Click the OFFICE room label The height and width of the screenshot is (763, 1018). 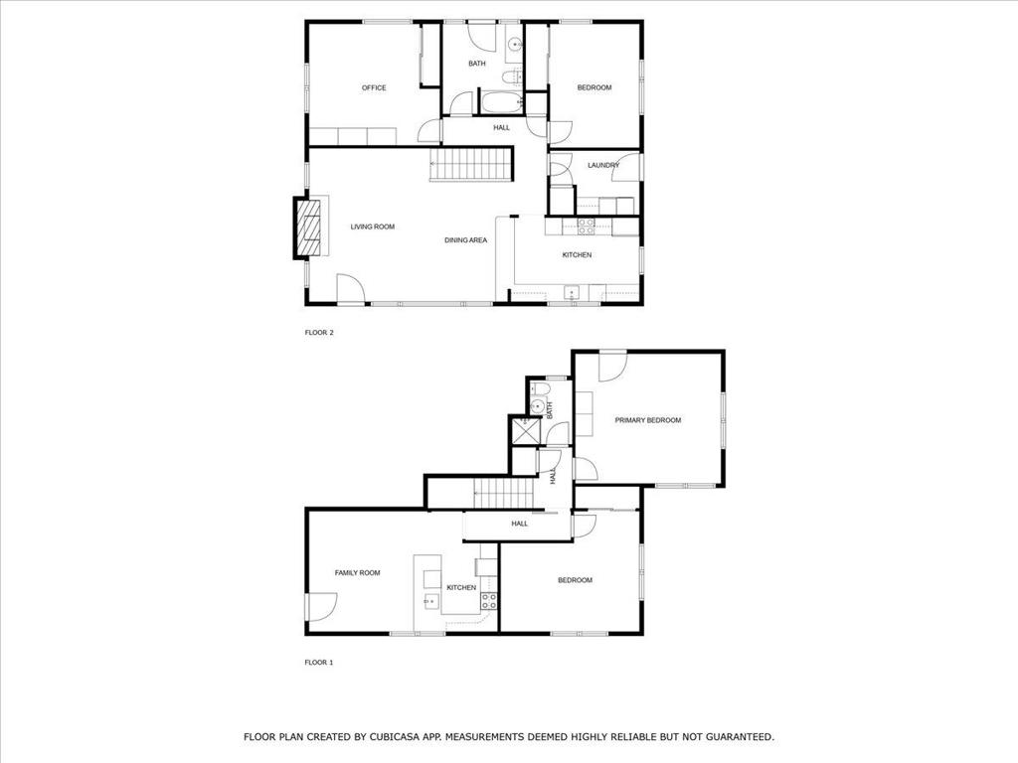pyautogui.click(x=374, y=88)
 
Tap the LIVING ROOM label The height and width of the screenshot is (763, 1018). pyautogui.click(x=373, y=228)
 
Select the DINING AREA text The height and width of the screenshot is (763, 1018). pyautogui.click(x=465, y=240)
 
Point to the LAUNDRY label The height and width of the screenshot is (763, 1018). pyautogui.click(x=603, y=165)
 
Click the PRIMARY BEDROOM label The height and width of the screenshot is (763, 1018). pyautogui.click(x=647, y=420)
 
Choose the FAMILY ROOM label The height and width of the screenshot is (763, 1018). pyautogui.click(x=357, y=573)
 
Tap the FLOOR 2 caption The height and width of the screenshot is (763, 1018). pyautogui.click(x=318, y=333)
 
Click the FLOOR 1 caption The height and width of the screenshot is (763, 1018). pyautogui.click(x=318, y=662)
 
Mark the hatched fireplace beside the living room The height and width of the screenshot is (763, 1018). pyautogui.click(x=308, y=228)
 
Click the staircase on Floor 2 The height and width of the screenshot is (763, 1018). pyautogui.click(x=469, y=164)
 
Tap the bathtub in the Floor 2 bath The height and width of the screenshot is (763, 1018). pyautogui.click(x=499, y=102)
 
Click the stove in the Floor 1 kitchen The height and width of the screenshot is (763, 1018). pyautogui.click(x=489, y=601)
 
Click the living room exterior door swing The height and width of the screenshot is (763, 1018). pyautogui.click(x=350, y=288)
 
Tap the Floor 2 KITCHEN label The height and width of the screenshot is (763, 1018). pyautogui.click(x=577, y=255)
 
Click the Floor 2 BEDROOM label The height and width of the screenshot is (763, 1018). pyautogui.click(x=594, y=88)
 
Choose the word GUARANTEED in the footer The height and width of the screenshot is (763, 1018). pyautogui.click(x=733, y=737)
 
